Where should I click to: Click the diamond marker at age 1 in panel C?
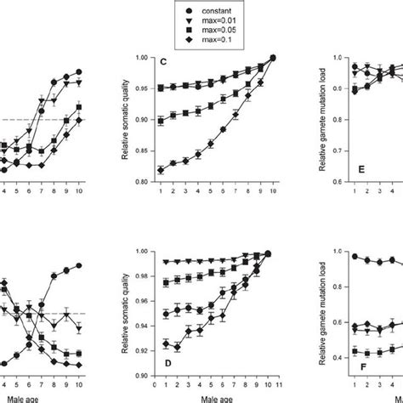tap(160, 171)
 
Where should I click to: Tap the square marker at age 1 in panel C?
tap(160, 122)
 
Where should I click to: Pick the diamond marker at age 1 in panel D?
tap(160, 343)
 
